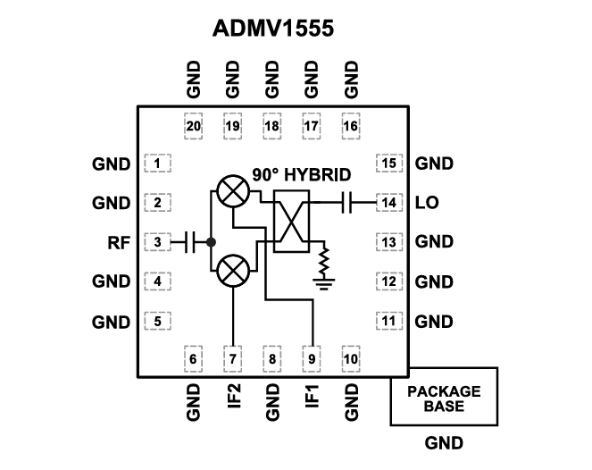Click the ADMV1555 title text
pyautogui.click(x=272, y=29)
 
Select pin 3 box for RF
pyautogui.click(x=157, y=241)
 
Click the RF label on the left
pyautogui.click(x=118, y=242)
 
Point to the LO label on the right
pyautogui.click(x=427, y=203)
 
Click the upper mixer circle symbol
pyautogui.click(x=234, y=190)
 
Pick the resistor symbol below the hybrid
pyautogui.click(x=325, y=261)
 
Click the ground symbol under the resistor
pyautogui.click(x=325, y=285)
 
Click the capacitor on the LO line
pyautogui.click(x=351, y=203)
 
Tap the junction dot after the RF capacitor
pyautogui.click(x=211, y=241)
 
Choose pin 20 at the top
pyautogui.click(x=193, y=126)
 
